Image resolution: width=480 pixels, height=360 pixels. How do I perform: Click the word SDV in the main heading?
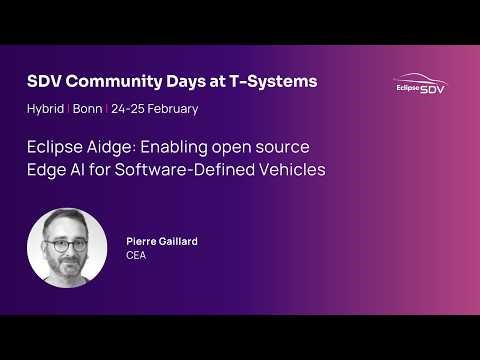(44, 82)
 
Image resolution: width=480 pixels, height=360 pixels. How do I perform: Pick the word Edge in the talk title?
(45, 170)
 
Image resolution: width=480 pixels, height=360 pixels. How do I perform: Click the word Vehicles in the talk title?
(290, 170)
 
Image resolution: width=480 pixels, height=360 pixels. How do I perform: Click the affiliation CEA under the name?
(136, 256)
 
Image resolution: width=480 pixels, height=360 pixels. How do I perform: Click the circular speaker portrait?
(67, 248)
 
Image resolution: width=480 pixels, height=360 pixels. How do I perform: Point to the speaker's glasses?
(68, 242)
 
